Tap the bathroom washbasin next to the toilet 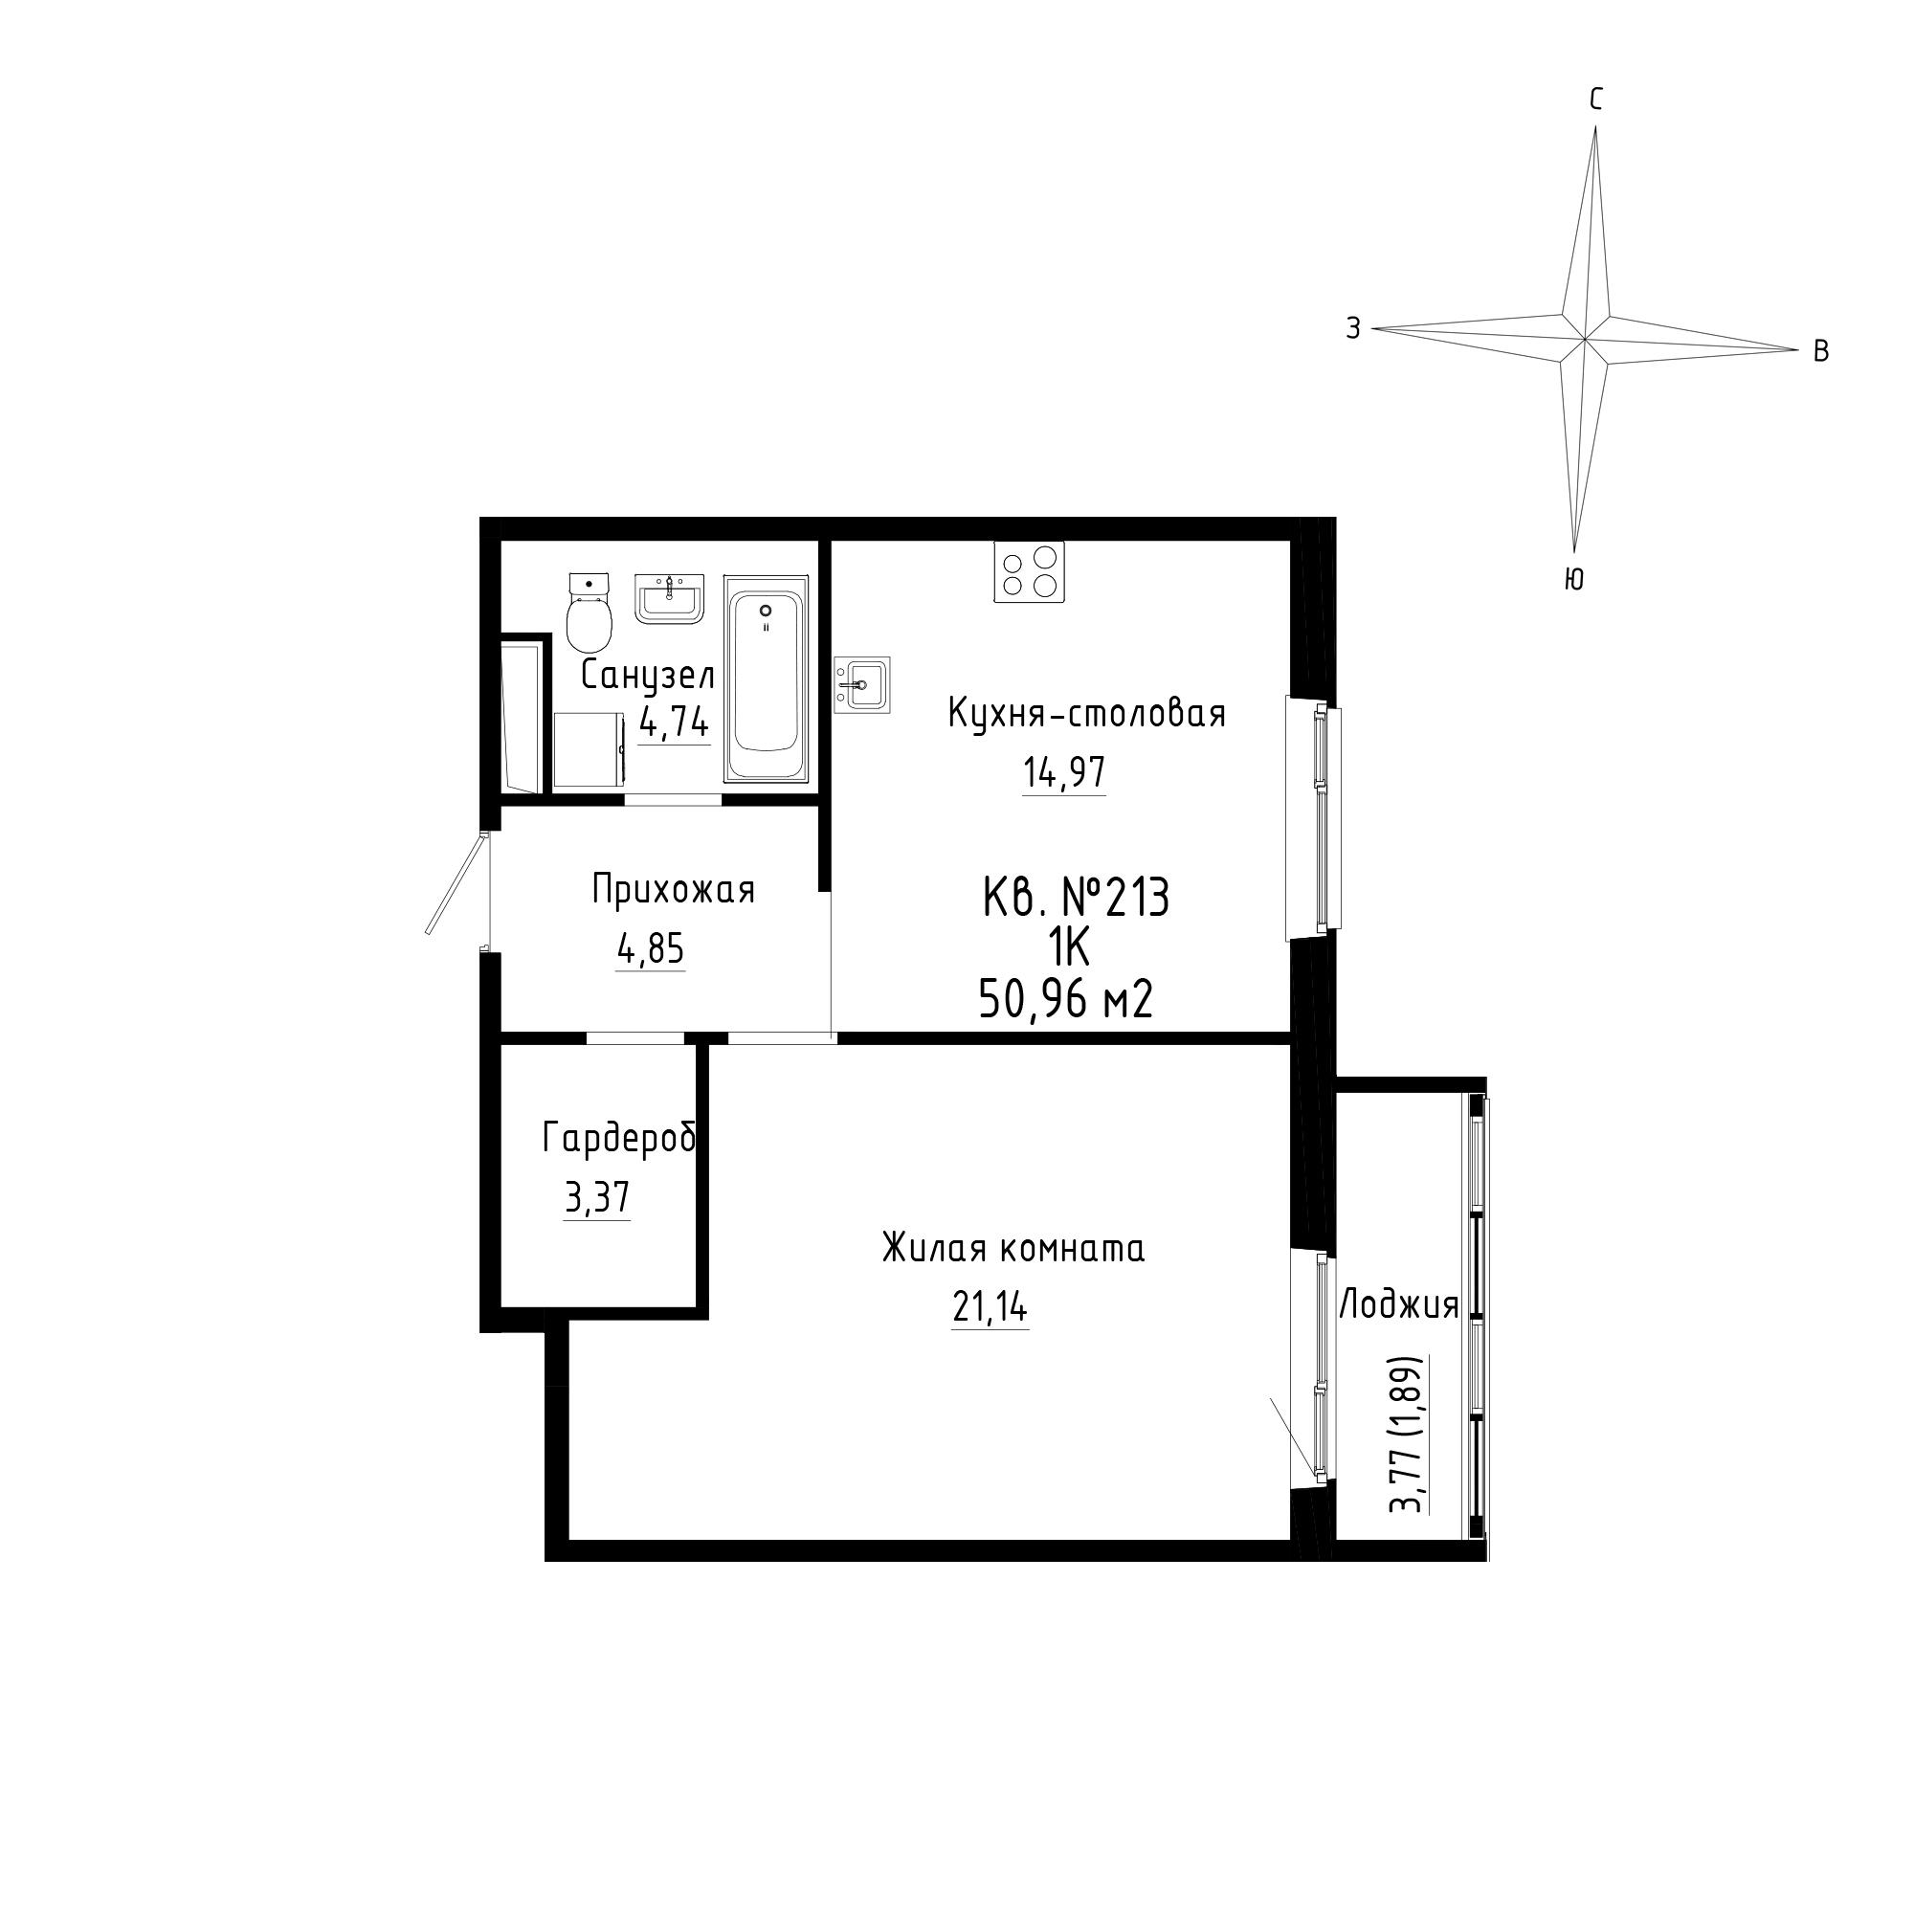pos(669,598)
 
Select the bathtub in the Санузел pos(766,679)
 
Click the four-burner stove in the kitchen pos(1031,571)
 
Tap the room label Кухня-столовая pos(1087,713)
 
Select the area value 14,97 pos(1064,772)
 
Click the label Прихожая pos(674,891)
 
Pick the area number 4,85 pos(650,950)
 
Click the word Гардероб pos(619,1139)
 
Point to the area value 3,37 pos(596,1199)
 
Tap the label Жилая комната pos(1013,1248)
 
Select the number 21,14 pos(990,1307)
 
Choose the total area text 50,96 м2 pos(1066,1000)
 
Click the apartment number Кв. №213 pos(1076,900)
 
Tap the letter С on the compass pos(1596,100)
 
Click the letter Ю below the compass pos(1573,580)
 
